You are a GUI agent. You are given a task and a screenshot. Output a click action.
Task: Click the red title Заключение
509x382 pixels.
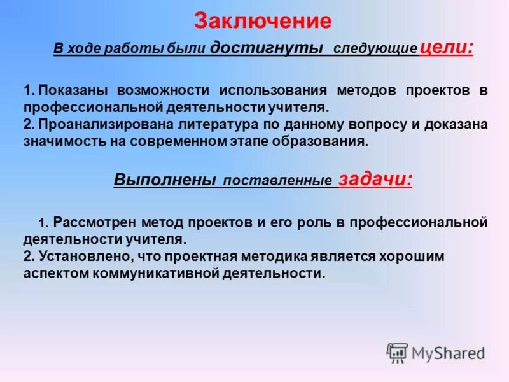pyautogui.click(x=263, y=21)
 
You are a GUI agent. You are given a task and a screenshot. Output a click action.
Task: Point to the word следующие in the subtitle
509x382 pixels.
pyautogui.click(x=375, y=49)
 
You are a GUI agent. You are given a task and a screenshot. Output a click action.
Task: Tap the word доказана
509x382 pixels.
pyautogui.click(x=456, y=125)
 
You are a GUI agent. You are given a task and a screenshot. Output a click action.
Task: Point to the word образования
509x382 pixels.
pyautogui.click(x=325, y=142)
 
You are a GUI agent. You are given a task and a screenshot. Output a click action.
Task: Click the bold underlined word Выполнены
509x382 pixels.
pyautogui.click(x=165, y=180)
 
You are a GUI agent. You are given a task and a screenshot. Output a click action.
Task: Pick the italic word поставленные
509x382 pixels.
pyautogui.click(x=277, y=181)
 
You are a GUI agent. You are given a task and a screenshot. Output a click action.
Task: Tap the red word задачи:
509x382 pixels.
pyautogui.click(x=375, y=180)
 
